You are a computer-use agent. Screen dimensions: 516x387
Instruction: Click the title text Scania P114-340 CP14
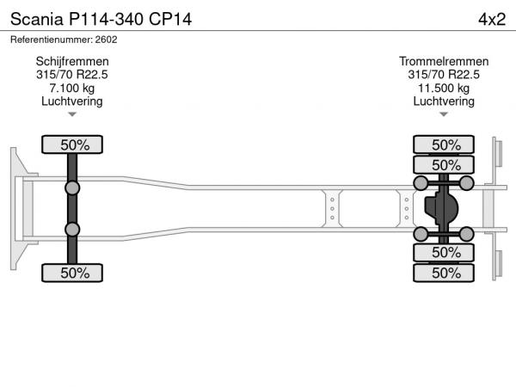tap(101, 19)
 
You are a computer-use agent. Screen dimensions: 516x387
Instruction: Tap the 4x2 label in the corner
tap(492, 20)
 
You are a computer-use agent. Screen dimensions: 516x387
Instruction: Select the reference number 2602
tap(106, 40)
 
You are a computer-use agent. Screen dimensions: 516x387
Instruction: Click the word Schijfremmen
tap(72, 62)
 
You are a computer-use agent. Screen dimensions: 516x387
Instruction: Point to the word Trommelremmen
tap(444, 62)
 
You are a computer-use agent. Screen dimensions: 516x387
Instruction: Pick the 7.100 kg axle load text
tap(72, 89)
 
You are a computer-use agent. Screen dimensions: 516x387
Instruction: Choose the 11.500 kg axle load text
tap(444, 89)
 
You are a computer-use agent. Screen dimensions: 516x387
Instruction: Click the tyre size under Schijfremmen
tap(72, 75)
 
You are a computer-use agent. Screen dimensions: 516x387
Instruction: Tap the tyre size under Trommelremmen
tap(444, 75)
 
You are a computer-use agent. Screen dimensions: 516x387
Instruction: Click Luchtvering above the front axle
tap(72, 101)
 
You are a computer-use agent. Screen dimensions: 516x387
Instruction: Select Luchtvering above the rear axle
tap(444, 101)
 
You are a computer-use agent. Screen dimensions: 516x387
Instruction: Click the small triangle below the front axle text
tap(72, 114)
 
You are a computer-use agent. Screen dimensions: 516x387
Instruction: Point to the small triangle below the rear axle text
tap(444, 114)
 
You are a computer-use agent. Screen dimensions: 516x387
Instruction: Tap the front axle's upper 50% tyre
tap(72, 144)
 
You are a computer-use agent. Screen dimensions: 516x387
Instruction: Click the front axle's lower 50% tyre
tap(72, 273)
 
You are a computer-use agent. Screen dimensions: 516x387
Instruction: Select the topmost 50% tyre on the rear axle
tap(444, 144)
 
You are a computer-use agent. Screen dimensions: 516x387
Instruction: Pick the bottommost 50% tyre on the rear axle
tap(444, 273)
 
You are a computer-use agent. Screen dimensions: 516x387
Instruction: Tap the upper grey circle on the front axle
tap(72, 188)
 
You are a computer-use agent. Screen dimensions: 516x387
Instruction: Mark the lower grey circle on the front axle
tap(72, 230)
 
